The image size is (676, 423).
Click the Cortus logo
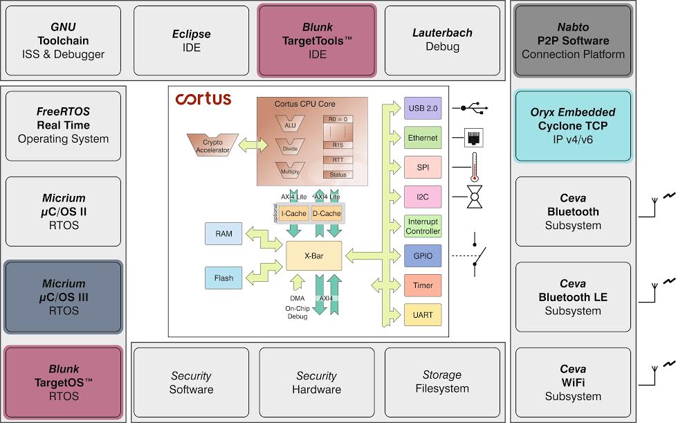point(203,99)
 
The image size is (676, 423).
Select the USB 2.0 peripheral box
point(422,108)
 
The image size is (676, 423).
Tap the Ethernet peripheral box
point(422,138)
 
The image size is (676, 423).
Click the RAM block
point(223,234)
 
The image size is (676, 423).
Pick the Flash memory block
point(223,278)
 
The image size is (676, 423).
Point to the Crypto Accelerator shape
point(212,145)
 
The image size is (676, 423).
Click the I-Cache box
point(293,214)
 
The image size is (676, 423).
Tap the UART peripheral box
point(422,315)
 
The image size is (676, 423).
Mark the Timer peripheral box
point(422,285)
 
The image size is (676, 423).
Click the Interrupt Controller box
point(422,226)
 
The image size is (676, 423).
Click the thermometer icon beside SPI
point(475,168)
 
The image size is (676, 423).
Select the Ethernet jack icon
point(475,138)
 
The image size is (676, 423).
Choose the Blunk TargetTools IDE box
point(317,41)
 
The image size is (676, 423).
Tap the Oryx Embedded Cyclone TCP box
point(572,125)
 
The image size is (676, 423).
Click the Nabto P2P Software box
point(572,41)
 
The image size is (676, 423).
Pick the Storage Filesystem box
point(441,382)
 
